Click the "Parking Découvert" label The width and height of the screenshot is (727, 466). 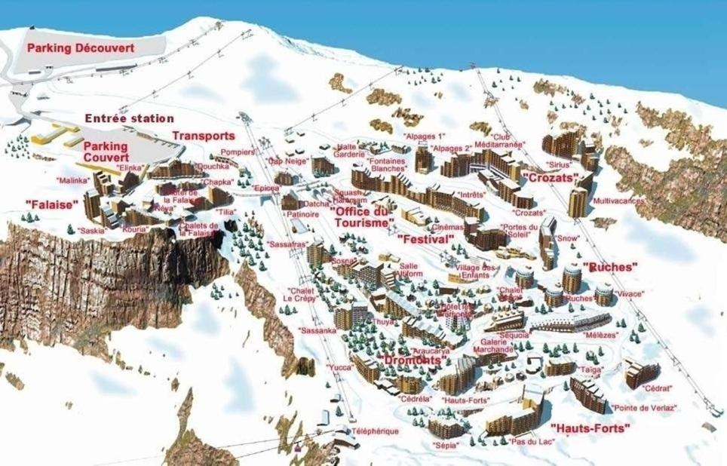pyautogui.click(x=81, y=48)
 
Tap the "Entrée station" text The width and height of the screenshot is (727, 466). pyautogui.click(x=129, y=118)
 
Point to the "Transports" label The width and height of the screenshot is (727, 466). pyautogui.click(x=204, y=136)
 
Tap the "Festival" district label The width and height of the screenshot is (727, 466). pyautogui.click(x=425, y=239)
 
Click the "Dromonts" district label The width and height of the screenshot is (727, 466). pyautogui.click(x=413, y=360)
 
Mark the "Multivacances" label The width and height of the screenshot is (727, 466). pyautogui.click(x=618, y=201)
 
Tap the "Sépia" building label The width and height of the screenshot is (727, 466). pyautogui.click(x=445, y=446)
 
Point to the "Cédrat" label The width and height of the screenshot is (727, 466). pyautogui.click(x=657, y=388)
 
